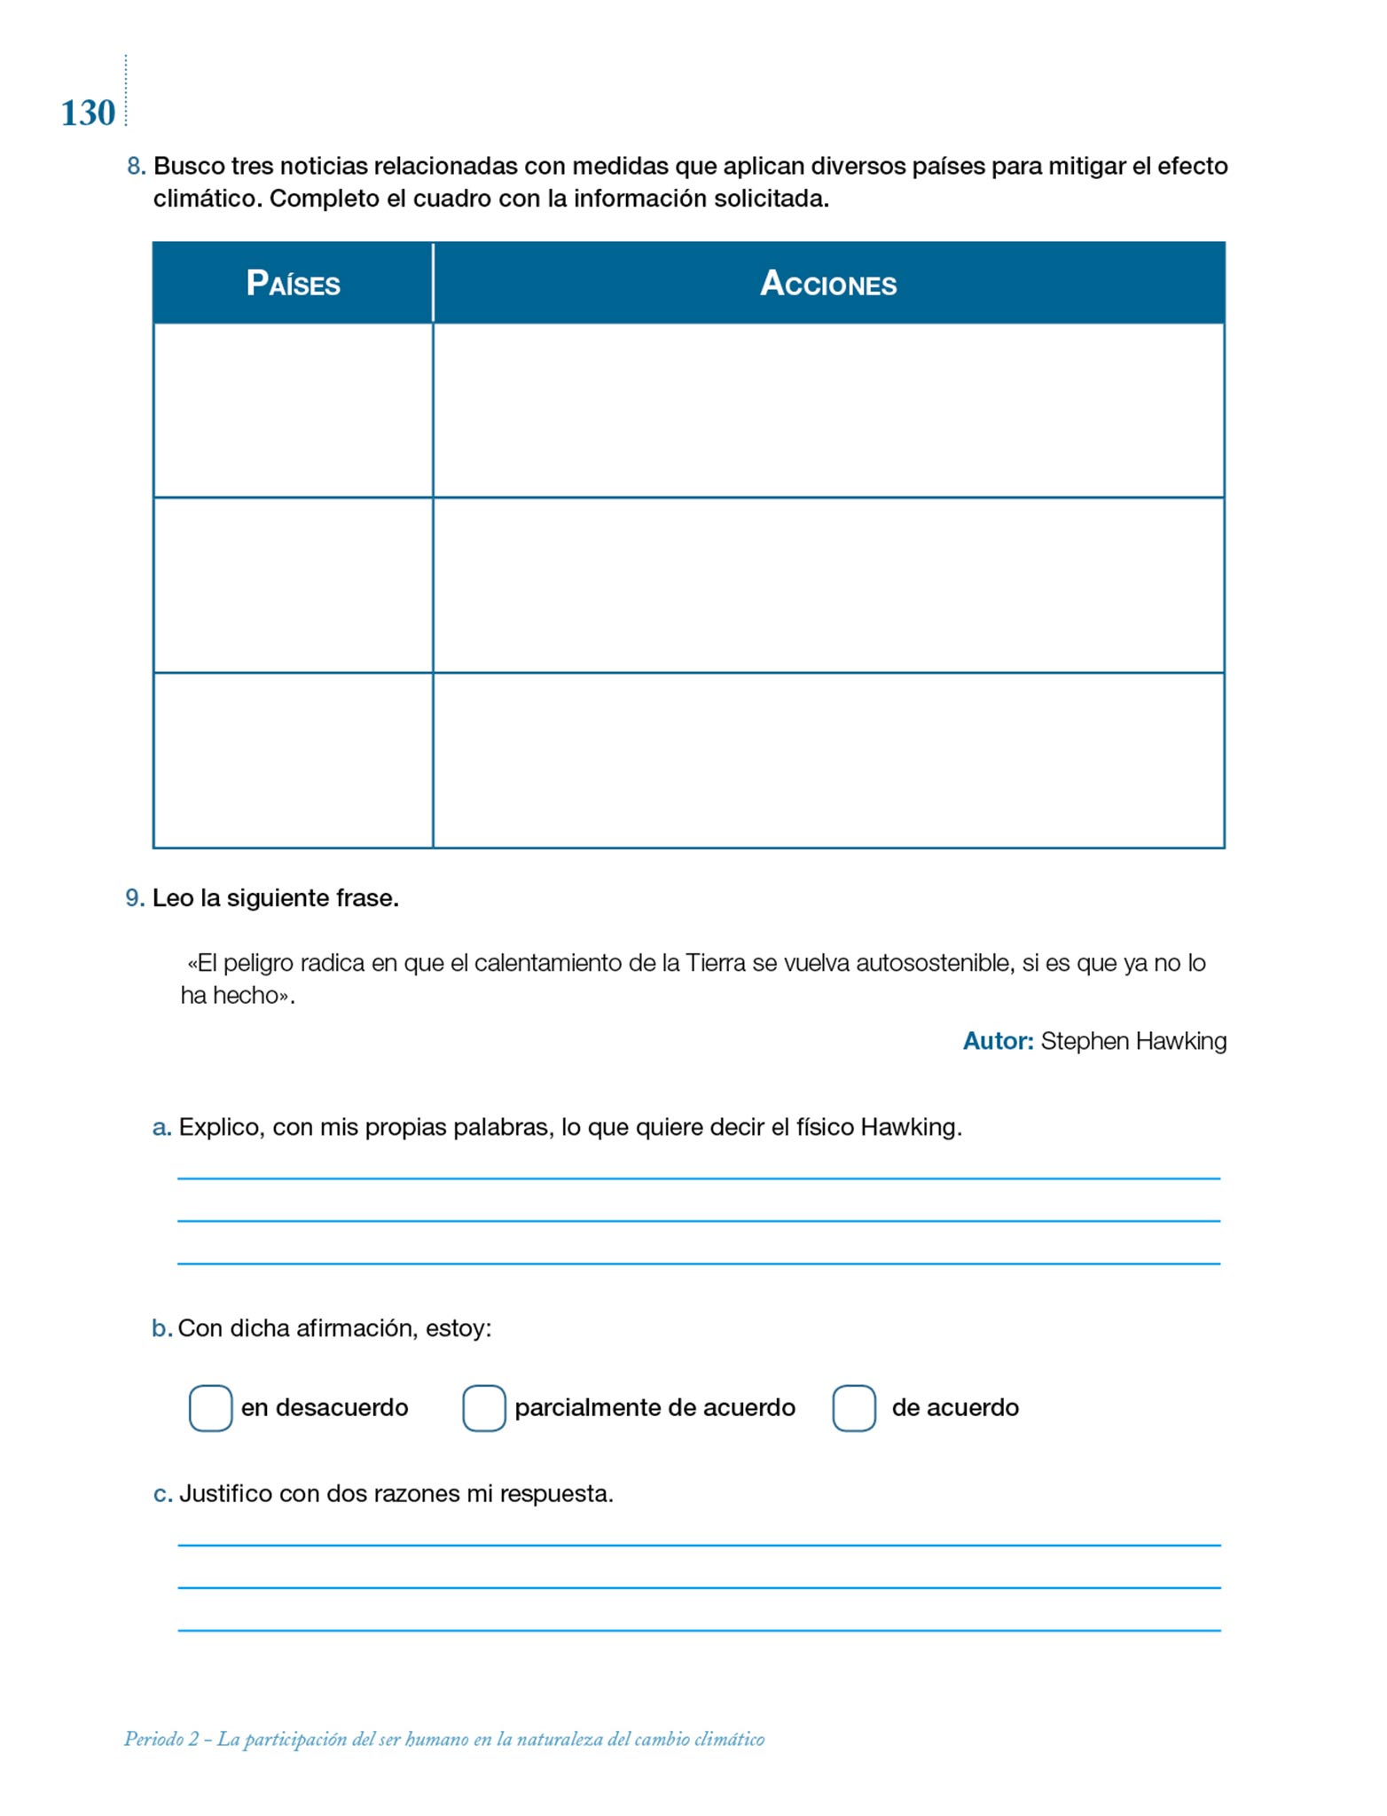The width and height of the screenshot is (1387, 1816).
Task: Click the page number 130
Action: [88, 113]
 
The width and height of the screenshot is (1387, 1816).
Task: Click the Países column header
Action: [293, 284]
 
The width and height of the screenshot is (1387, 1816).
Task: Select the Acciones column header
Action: [828, 284]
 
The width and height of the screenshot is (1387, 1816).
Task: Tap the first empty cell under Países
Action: [293, 410]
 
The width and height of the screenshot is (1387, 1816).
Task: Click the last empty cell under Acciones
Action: [828, 760]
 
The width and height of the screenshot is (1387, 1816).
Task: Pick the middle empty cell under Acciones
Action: [828, 585]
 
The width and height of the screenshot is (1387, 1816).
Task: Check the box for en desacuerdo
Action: [210, 1408]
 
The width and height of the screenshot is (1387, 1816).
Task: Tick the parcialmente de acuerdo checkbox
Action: [484, 1408]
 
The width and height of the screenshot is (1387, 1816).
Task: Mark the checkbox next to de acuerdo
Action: [854, 1408]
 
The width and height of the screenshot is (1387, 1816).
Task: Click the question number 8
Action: [136, 167]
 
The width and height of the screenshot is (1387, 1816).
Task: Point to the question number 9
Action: [135, 898]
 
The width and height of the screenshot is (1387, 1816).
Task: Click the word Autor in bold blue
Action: [998, 1041]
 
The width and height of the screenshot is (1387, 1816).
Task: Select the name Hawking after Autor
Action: [1180, 1041]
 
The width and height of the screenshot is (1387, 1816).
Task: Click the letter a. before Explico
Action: [161, 1128]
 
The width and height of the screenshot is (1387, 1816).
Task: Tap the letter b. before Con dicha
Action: [161, 1328]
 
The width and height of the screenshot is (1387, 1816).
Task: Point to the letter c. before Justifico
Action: [162, 1494]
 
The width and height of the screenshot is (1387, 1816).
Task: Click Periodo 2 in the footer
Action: [161, 1739]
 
